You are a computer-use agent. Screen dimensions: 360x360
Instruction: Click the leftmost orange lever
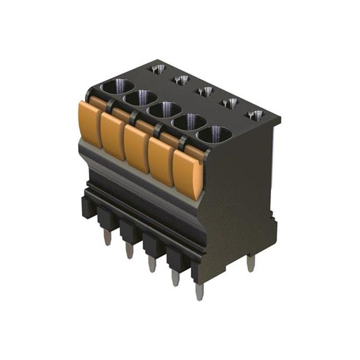[x=90, y=123]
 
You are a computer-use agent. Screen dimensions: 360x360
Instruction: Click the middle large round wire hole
[x=164, y=110]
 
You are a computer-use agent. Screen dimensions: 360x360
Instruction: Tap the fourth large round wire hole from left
[x=190, y=122]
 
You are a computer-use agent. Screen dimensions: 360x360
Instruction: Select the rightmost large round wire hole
[x=214, y=135]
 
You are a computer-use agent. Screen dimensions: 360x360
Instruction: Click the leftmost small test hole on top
[x=158, y=69]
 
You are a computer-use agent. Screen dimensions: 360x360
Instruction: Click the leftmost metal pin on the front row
[x=107, y=237]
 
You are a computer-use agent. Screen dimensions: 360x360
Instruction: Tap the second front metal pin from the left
[x=129, y=250]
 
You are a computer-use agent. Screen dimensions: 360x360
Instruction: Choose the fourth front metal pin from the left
[x=175, y=277]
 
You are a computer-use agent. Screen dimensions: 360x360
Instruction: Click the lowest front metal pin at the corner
[x=199, y=291]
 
